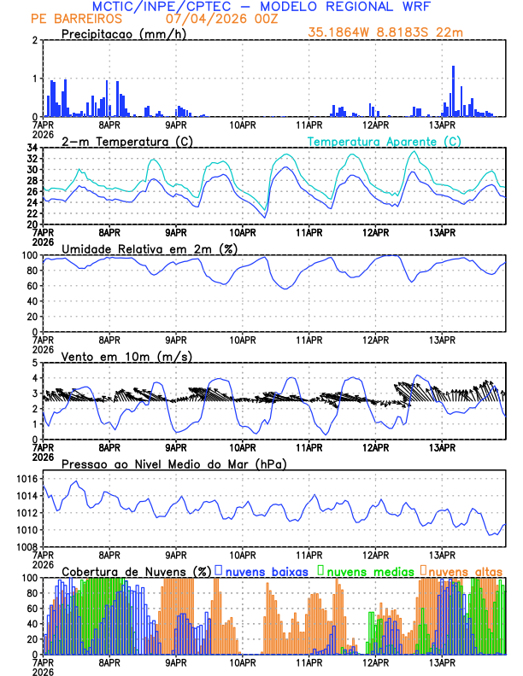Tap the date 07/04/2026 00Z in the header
click(x=214, y=19)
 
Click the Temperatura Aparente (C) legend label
click(x=384, y=141)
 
